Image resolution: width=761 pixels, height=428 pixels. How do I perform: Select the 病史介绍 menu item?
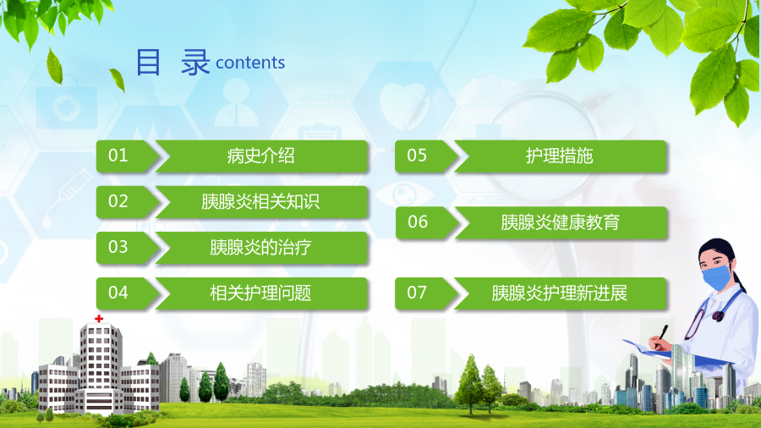click(261, 156)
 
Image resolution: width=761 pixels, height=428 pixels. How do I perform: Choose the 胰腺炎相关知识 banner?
click(261, 201)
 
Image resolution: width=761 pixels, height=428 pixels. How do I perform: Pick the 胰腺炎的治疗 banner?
click(261, 248)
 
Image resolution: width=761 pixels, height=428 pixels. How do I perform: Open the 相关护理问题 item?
click(261, 294)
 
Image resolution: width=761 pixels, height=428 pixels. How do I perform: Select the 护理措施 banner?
click(560, 156)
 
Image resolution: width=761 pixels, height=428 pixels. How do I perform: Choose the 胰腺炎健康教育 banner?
click(561, 222)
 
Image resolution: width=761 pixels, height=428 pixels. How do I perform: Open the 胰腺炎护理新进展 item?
click(560, 294)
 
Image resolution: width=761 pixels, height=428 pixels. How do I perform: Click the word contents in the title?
click(250, 63)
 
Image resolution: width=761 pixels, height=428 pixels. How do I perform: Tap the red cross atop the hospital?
click(99, 318)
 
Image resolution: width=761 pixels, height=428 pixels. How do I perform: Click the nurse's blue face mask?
click(716, 277)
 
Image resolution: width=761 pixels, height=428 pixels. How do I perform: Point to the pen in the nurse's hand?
click(660, 335)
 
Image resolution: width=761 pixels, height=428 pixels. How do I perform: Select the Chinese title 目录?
click(172, 62)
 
